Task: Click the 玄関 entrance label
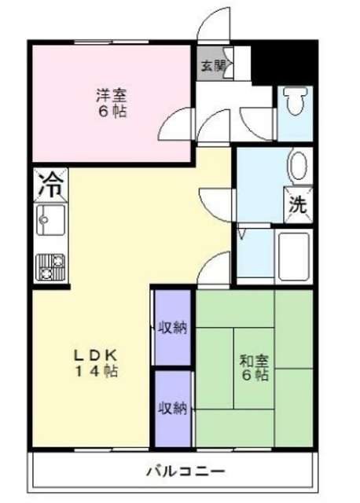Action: coord(211,66)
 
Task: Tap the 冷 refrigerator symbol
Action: coord(50,185)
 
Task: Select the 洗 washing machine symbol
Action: coord(298,204)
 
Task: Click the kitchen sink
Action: coord(50,220)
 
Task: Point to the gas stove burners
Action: coord(50,267)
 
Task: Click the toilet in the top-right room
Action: coord(296,101)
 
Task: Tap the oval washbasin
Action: coord(298,166)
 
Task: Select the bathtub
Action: coord(294,257)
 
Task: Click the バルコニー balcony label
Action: coord(186,472)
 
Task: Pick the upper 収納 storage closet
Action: coord(173,328)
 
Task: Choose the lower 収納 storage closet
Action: coord(173,409)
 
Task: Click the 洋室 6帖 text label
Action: coord(112,103)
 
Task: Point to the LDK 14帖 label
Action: coord(96,363)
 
